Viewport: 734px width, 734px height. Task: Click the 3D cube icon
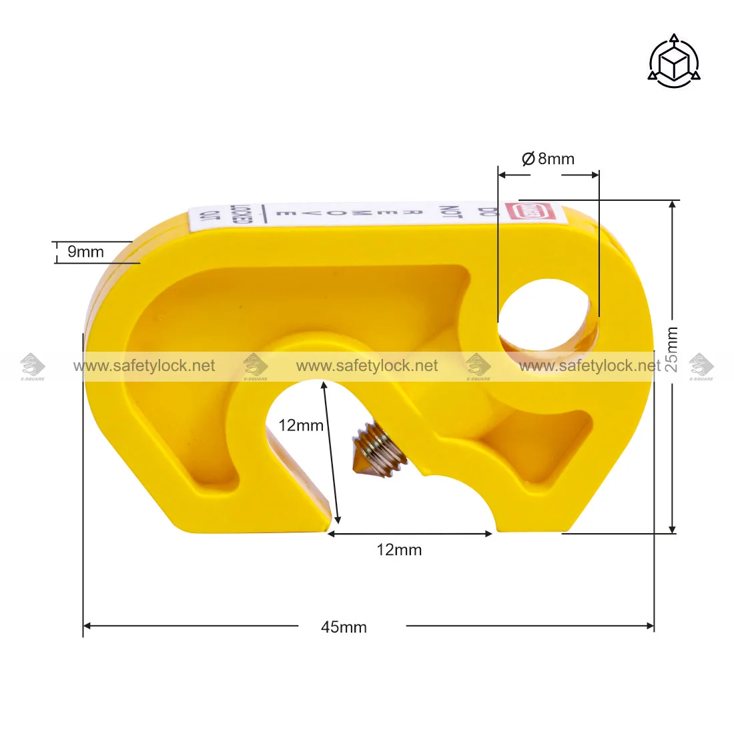[674, 61]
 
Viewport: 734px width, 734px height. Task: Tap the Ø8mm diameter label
[548, 159]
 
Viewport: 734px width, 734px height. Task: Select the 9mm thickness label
[85, 252]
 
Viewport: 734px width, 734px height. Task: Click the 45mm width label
[344, 627]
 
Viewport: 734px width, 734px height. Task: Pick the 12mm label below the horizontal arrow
[399, 550]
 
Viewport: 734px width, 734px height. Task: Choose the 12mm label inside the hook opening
[300, 425]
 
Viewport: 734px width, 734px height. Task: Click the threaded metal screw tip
[379, 452]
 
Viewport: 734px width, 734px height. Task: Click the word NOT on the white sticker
[451, 212]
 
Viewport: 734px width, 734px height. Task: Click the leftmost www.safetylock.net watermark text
[144, 366]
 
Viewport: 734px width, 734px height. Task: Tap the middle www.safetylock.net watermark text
[367, 366]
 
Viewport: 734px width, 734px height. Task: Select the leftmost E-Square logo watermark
[32, 366]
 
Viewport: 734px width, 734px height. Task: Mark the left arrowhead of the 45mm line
[87, 626]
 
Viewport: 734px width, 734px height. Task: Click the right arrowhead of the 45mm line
[650, 626]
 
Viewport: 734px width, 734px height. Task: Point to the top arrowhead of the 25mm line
[673, 205]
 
